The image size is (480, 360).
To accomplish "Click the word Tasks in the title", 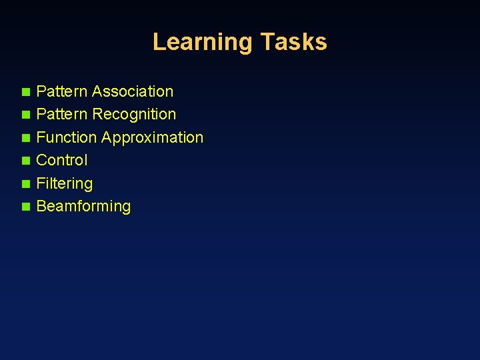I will pos(293,42).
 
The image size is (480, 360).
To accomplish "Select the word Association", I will pos(133,91).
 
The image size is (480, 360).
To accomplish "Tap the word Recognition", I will pos(134,115).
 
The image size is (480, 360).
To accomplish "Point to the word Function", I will pos(66,137).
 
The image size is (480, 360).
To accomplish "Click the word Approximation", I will pos(152,137).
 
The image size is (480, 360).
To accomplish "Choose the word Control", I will pos(61,160).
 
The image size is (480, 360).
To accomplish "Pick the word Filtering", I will pos(64,183).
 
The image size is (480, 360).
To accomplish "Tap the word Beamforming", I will pos(83,206).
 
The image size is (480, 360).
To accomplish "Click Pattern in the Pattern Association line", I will pos(62,91).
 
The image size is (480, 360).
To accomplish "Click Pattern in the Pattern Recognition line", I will pos(62,115).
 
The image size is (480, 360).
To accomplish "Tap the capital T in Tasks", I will pos(267,42).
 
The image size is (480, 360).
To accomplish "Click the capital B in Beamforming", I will pos(41,206).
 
